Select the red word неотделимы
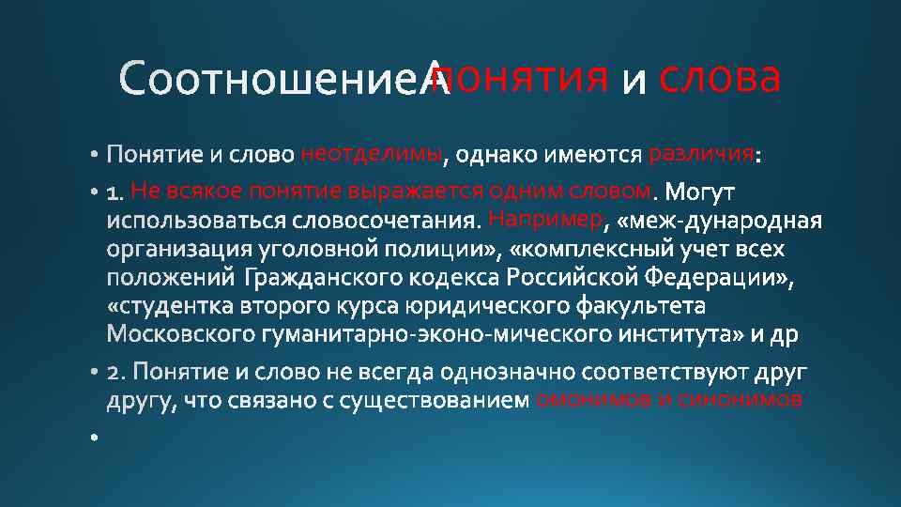[371, 154]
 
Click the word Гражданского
[325, 279]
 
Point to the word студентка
[177, 307]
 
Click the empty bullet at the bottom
[95, 438]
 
